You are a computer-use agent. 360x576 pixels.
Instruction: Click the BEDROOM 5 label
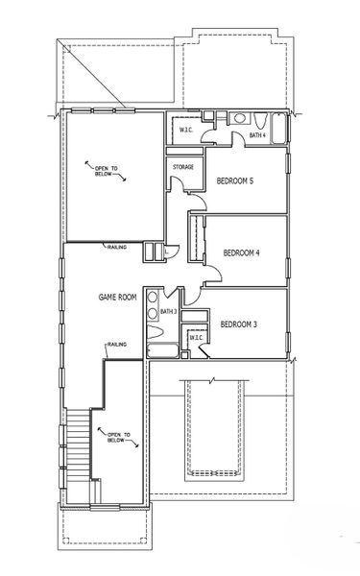[x=235, y=180]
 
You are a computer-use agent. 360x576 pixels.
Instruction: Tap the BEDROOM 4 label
[x=241, y=252]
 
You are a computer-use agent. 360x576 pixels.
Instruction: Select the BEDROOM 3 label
[x=238, y=324]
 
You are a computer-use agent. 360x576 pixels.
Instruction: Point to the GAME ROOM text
[x=117, y=297]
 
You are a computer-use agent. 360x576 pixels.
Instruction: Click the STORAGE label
[x=183, y=167]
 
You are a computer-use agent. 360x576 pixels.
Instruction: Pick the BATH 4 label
[x=257, y=135]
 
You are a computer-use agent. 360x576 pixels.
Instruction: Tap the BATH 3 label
[x=169, y=311]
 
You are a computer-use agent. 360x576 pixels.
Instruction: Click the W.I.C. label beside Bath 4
[x=186, y=130]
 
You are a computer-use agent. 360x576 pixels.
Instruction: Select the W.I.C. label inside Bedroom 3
[x=196, y=338]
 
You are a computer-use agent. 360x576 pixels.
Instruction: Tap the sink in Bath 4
[x=239, y=118]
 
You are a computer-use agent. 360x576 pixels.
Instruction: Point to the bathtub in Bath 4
[x=278, y=129]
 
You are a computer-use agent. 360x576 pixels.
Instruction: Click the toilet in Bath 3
[x=155, y=331]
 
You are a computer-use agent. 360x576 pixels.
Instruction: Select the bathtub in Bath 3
[x=162, y=350]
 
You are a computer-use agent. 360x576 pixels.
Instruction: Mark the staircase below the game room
[x=79, y=444]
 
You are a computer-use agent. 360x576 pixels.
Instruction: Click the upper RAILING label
[x=117, y=248]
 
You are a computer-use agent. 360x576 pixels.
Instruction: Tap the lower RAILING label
[x=117, y=345]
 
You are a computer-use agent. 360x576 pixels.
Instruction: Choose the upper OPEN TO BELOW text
[x=107, y=171]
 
